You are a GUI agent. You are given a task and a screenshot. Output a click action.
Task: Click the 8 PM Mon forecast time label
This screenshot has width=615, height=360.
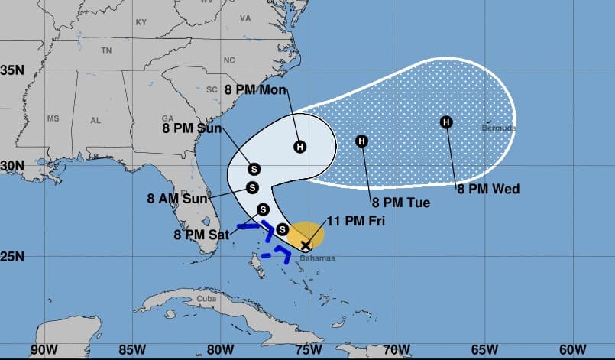pyautogui.click(x=255, y=90)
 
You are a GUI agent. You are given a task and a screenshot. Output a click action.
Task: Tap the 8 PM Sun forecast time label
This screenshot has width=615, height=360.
pyautogui.click(x=192, y=128)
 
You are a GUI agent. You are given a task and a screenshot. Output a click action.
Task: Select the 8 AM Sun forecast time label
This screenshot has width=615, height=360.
pyautogui.click(x=177, y=198)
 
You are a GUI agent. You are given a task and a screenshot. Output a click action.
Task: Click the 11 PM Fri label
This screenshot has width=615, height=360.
pyautogui.click(x=356, y=221)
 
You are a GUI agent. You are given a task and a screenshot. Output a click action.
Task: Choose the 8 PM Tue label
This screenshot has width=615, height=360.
pyautogui.click(x=401, y=203)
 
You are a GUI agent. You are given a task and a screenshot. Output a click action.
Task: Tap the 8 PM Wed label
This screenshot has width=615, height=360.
pyautogui.click(x=488, y=189)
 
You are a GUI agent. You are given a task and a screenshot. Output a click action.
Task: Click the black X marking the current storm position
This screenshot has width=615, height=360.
pyautogui.click(x=306, y=245)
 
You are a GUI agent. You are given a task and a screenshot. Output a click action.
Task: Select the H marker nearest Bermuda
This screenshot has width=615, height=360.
pyautogui.click(x=446, y=122)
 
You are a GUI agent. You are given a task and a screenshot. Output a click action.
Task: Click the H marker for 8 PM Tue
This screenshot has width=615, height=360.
pyautogui.click(x=361, y=141)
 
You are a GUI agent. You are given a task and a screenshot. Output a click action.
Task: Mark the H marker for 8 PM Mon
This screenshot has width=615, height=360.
pyautogui.click(x=300, y=146)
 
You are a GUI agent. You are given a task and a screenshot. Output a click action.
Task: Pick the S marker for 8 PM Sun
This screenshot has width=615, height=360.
pyautogui.click(x=254, y=169)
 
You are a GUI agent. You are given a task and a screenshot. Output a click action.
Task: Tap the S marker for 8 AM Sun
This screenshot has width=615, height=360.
pyautogui.click(x=253, y=187)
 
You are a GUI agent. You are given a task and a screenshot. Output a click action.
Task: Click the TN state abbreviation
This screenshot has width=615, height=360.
pyautogui.click(x=106, y=50)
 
